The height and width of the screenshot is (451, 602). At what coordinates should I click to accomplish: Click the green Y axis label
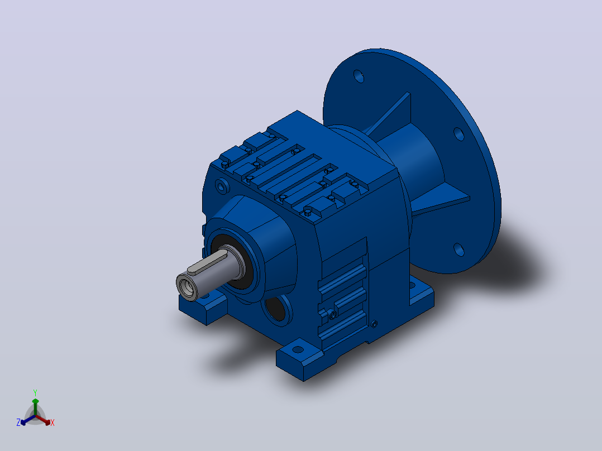coord(35,392)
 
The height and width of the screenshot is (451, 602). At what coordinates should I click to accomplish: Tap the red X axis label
coord(52,423)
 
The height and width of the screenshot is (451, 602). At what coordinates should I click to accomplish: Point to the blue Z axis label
coord(18,422)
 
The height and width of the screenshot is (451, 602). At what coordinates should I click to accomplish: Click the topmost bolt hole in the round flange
coord(359,76)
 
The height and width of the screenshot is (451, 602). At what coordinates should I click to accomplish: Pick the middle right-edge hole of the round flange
coord(459,134)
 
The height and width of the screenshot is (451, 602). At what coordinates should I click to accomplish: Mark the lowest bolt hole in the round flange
coord(459,250)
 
